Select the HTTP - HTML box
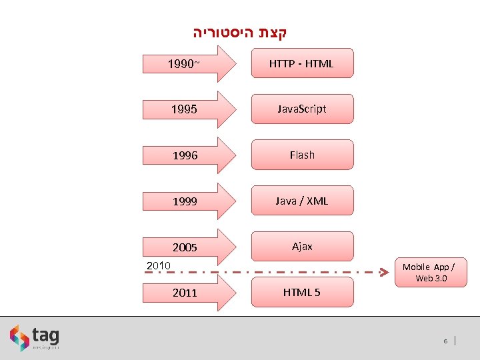[x=302, y=63]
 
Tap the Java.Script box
[x=302, y=109]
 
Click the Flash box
[x=302, y=155]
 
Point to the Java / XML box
[x=302, y=201]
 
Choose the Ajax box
[x=302, y=246]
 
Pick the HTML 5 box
[x=302, y=292]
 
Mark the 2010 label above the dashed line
[x=159, y=266]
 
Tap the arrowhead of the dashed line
[x=384, y=272]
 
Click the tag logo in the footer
[x=35, y=338]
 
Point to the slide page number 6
[x=445, y=341]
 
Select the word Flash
[x=302, y=155]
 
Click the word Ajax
[x=302, y=246]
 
